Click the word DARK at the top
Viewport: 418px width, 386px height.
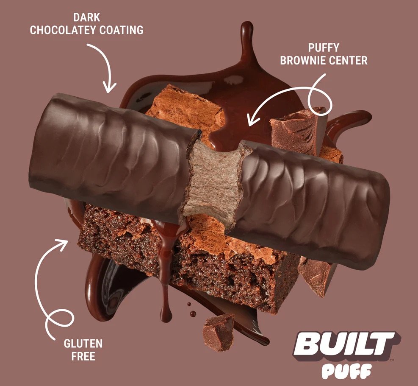[x=87, y=17]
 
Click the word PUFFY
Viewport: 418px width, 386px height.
[x=324, y=48]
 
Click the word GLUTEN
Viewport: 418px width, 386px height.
[x=83, y=344]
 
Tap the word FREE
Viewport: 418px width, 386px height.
[x=83, y=356]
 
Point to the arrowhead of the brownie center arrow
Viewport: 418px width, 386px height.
[x=252, y=119]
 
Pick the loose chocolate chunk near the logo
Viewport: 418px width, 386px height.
[x=219, y=332]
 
